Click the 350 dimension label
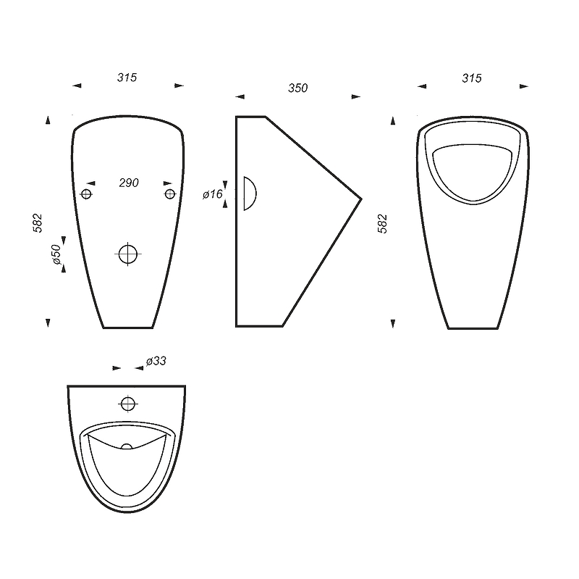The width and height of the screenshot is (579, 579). (x=297, y=88)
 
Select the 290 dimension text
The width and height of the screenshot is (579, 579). (x=129, y=183)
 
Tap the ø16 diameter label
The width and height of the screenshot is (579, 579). (x=213, y=194)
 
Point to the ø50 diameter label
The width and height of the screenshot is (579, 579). (x=56, y=254)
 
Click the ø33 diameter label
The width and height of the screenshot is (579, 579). (x=156, y=361)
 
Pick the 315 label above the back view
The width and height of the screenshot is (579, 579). (x=127, y=78)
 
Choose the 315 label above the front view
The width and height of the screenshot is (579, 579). (x=472, y=78)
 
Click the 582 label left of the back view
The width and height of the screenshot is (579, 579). (x=38, y=223)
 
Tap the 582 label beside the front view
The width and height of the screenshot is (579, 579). (x=383, y=224)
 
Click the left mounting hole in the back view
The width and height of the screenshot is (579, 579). (x=86, y=193)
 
